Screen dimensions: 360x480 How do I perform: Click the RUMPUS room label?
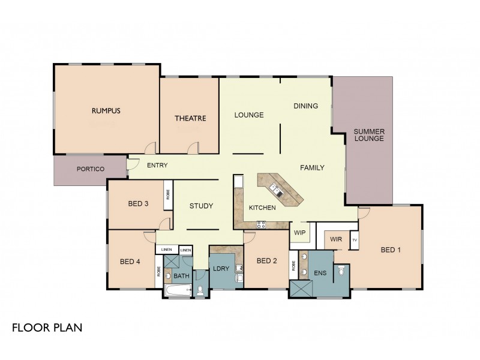106,110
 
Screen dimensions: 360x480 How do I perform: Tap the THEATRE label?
190,118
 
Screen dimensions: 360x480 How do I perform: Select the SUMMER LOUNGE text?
369,135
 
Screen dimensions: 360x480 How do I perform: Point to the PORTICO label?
91,169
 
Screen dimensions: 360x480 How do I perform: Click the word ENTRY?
157,166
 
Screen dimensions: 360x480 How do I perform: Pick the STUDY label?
202,206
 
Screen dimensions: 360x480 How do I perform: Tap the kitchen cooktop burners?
262,224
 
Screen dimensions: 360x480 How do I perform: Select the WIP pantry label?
300,232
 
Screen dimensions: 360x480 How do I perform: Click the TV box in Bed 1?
355,240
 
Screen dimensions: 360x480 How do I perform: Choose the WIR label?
336,239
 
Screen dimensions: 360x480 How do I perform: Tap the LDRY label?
221,268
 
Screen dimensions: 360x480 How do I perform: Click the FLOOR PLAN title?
47,328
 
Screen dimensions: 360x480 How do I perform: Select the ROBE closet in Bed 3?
167,195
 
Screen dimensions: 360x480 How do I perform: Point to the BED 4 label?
130,261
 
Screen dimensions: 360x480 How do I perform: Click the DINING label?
305,106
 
